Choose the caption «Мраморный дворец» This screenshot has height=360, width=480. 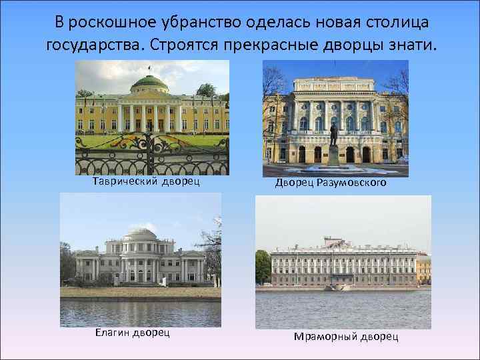(x=347, y=336)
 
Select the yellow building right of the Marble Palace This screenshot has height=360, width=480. (x=423, y=267)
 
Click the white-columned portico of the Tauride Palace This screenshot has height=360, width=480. (x=149, y=115)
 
